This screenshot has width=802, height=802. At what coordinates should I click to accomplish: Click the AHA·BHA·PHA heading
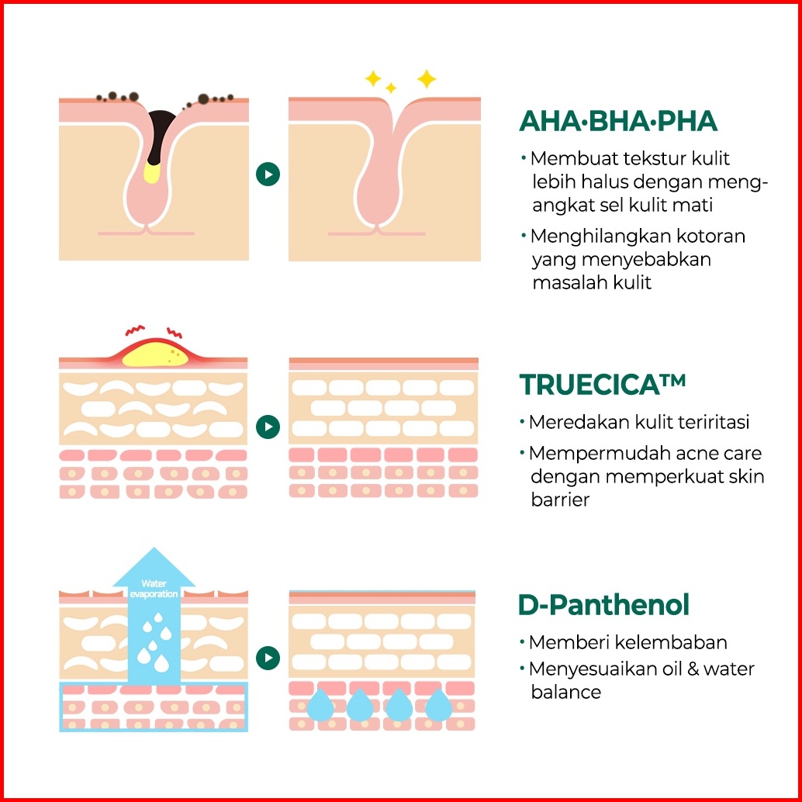point(618,121)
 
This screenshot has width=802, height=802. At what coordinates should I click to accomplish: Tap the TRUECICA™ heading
point(602,385)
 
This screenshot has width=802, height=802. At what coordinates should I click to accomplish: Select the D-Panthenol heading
point(603,604)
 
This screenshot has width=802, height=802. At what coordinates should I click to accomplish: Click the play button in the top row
point(268,174)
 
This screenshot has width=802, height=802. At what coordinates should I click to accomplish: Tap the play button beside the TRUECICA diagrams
point(268,427)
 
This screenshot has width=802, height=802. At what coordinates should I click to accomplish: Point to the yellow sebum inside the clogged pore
point(152,172)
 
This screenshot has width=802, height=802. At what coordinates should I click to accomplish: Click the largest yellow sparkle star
point(426,79)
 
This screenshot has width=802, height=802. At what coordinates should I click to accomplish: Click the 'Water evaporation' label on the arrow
point(154,588)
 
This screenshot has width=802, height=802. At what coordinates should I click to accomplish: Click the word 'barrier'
point(560,500)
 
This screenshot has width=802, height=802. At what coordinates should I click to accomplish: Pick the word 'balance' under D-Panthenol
point(565,692)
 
